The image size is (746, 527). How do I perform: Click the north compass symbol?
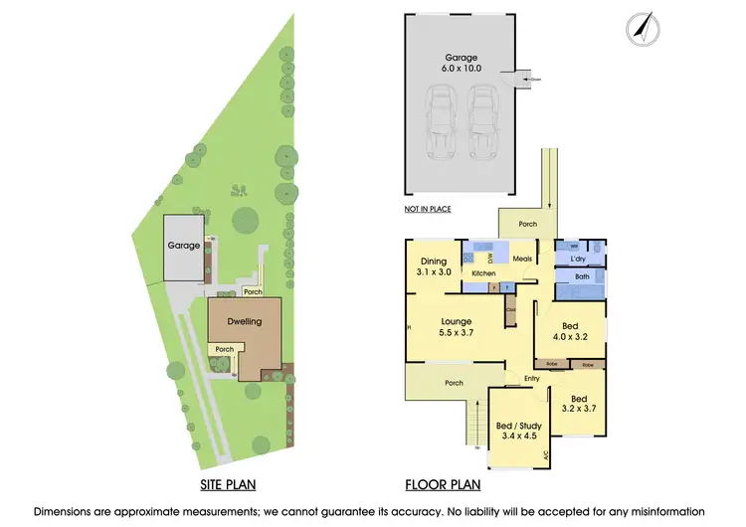point(643,29)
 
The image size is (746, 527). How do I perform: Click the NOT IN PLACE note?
point(428,209)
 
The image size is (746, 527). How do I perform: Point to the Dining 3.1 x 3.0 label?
point(433,266)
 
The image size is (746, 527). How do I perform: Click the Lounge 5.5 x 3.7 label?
point(457,328)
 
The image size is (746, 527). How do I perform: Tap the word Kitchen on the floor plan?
point(483,273)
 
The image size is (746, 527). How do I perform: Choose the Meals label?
point(523,260)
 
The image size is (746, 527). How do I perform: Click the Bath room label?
point(582,277)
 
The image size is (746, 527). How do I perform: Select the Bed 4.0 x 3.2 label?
point(569,331)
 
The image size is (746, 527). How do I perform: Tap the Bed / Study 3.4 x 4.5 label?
point(518,431)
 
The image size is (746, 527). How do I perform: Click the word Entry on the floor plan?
point(532,378)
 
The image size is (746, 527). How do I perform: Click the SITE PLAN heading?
point(226,486)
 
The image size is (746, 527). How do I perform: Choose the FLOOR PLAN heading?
point(443,486)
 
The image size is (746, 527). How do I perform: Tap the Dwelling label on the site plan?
point(244,321)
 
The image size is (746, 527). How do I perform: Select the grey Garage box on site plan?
point(183,246)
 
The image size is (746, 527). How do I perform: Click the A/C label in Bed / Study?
point(545,456)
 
